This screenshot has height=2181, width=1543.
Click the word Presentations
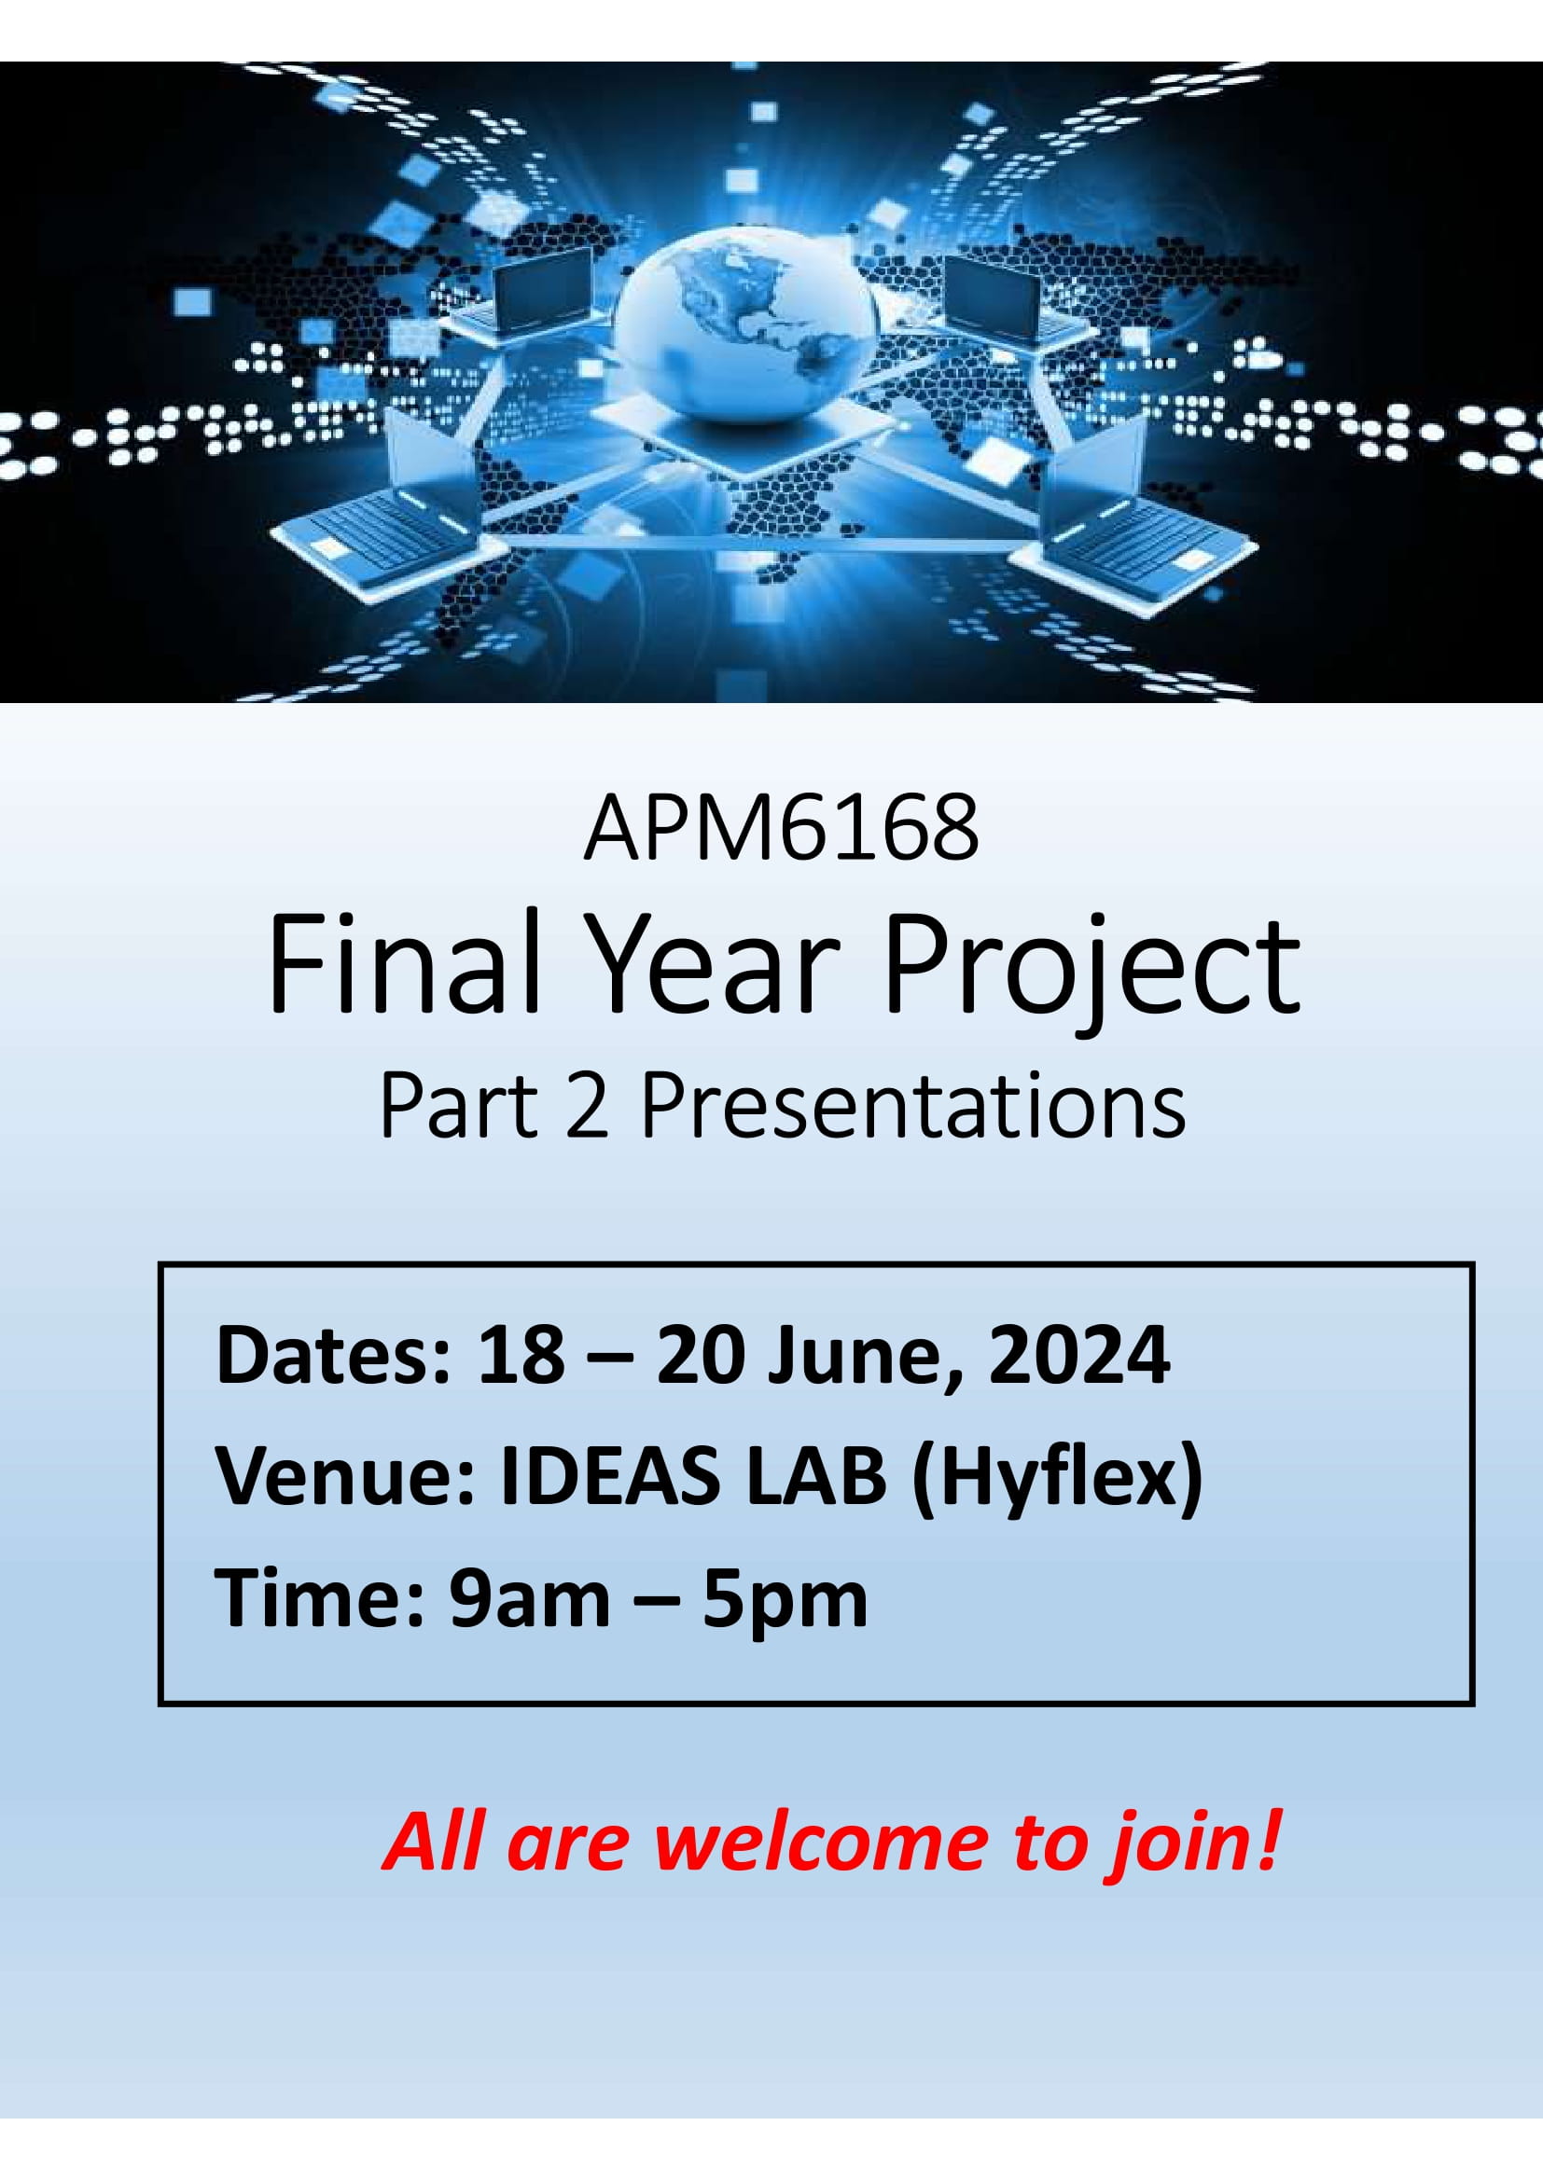coord(914,1108)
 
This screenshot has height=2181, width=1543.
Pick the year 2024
coord(1078,1355)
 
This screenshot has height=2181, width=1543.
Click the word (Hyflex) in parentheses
coord(1057,1482)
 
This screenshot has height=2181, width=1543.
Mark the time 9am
coord(529,1602)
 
